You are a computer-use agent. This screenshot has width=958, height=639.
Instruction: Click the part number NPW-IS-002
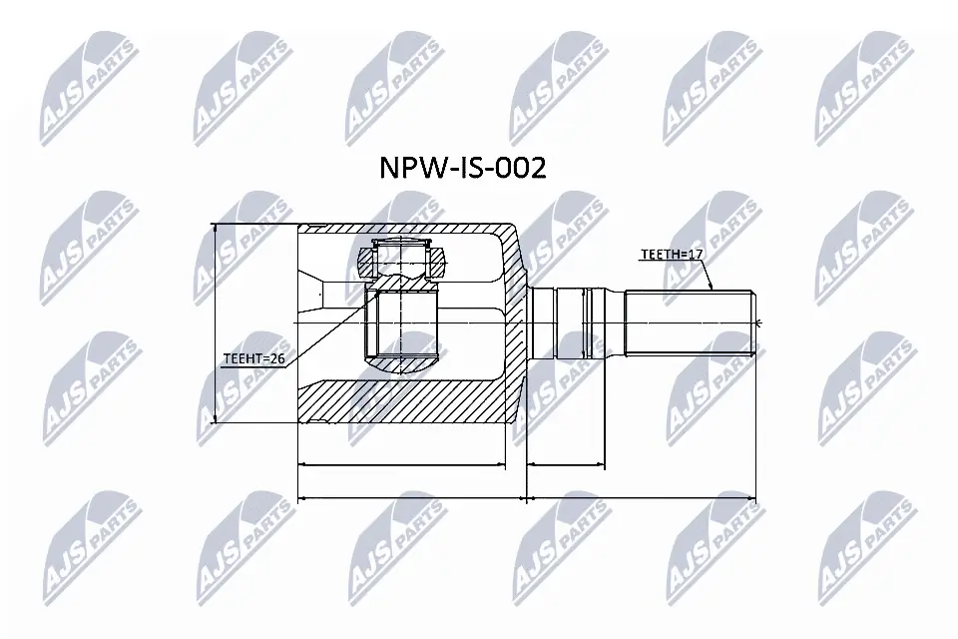[x=462, y=168]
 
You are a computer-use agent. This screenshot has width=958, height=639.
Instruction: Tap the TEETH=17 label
[x=672, y=255]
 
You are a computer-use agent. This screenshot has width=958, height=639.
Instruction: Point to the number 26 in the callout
[x=278, y=358]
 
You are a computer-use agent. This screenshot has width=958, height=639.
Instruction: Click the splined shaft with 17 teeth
[x=689, y=321]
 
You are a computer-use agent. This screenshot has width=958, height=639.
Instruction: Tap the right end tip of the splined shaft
[x=756, y=321]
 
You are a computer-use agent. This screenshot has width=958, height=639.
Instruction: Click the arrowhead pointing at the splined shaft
[x=713, y=288]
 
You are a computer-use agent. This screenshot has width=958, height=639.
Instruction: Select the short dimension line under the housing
[x=401, y=465]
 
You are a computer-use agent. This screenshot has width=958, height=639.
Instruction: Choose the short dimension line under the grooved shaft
[x=566, y=465]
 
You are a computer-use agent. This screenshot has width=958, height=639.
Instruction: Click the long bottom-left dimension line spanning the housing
[x=412, y=497]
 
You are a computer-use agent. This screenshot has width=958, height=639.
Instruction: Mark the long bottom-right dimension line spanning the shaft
[x=642, y=497]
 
